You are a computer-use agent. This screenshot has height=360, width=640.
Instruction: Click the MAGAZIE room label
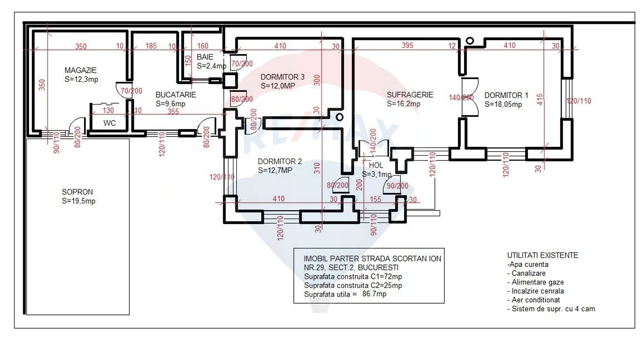click(80, 70)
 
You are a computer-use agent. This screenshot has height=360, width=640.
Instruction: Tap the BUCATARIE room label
click(176, 95)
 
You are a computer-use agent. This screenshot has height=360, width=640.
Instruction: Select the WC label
click(109, 123)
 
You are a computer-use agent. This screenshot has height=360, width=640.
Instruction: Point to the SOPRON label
click(77, 192)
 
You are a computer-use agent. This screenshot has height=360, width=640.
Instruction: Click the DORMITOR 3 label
click(282, 77)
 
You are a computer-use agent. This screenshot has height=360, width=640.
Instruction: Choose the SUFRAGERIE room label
click(410, 95)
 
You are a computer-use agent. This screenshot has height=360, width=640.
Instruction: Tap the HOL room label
click(376, 165)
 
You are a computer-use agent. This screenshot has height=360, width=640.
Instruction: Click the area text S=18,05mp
click(503, 104)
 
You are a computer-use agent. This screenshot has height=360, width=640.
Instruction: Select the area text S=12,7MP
click(275, 170)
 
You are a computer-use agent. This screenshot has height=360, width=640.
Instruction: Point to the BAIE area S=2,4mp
click(211, 66)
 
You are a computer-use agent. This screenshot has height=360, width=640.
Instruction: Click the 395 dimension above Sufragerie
click(407, 45)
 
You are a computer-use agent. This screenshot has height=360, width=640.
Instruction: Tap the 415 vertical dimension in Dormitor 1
click(540, 100)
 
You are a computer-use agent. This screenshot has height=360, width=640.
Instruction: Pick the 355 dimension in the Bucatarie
click(173, 111)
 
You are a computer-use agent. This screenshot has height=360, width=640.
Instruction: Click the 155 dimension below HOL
click(375, 199)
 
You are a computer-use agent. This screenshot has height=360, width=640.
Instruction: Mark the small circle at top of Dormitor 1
click(470, 41)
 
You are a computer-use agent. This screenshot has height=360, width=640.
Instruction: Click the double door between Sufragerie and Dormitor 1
click(470, 97)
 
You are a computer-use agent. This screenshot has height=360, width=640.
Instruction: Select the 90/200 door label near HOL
click(397, 186)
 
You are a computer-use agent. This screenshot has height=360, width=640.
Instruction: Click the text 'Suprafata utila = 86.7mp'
click(345, 294)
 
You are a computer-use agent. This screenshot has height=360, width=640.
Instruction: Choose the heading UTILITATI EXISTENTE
click(542, 255)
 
